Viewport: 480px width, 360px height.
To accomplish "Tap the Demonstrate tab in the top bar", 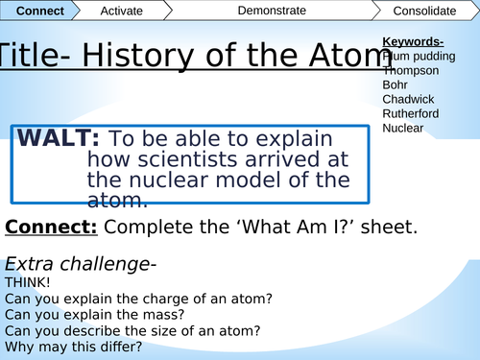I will click(271, 11).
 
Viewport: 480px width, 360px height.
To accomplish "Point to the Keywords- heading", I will click(413, 41).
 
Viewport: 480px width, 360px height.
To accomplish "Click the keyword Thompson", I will click(411, 70).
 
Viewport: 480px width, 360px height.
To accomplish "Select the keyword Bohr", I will click(396, 84).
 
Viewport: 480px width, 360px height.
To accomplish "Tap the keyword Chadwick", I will click(408, 99).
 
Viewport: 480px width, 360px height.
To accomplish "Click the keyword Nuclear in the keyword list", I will click(403, 128).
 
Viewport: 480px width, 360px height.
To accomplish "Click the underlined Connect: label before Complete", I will click(51, 228).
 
